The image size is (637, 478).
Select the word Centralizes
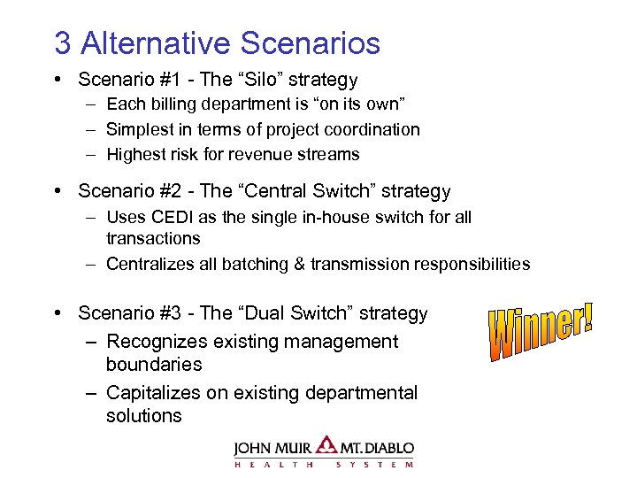pos(150,264)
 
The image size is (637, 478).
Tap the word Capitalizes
pos(154,392)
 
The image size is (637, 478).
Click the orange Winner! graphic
pos(541,332)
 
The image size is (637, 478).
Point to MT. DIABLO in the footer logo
pos(376,447)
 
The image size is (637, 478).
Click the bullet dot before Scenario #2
pos(57,191)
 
